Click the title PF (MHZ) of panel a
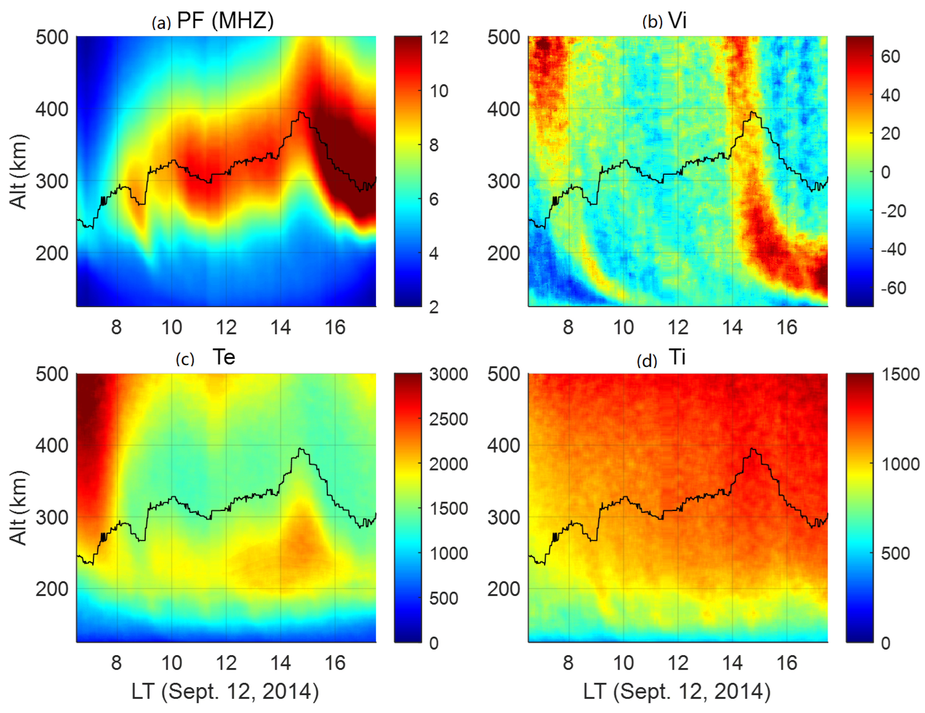[225, 20]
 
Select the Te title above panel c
[224, 357]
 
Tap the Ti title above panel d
[677, 357]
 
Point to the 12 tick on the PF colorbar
[439, 38]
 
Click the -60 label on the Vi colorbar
[893, 288]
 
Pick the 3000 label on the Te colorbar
[448, 375]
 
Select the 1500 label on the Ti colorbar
[900, 375]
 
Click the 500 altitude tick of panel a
[52, 38]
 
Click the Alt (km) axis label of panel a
[18, 172]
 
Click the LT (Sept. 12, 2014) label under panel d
[676, 692]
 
